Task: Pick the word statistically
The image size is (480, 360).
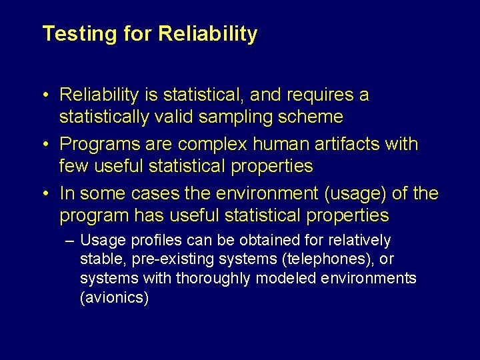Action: (x=104, y=117)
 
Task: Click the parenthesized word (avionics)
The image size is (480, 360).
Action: (x=114, y=297)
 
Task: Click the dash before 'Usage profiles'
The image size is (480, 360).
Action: (x=69, y=240)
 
